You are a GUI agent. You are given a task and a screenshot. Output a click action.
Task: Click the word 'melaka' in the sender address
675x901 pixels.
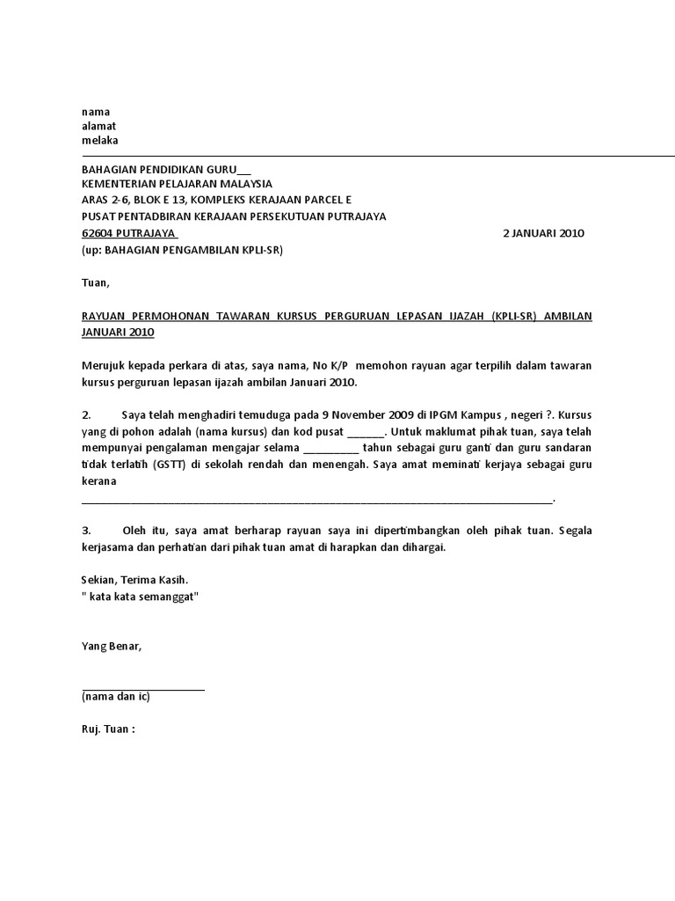point(99,141)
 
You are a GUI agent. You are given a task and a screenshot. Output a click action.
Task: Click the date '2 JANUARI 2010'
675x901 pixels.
point(542,233)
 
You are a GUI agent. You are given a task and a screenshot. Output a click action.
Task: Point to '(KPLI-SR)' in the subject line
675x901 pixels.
point(515,316)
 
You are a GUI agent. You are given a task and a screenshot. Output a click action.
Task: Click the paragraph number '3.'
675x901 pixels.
point(86,531)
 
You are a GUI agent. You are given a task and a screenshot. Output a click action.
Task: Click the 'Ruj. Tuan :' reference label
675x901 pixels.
point(109,729)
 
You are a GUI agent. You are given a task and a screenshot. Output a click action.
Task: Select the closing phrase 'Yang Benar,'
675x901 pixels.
point(111,647)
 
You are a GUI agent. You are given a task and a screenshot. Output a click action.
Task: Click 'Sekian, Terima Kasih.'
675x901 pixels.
point(134,580)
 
